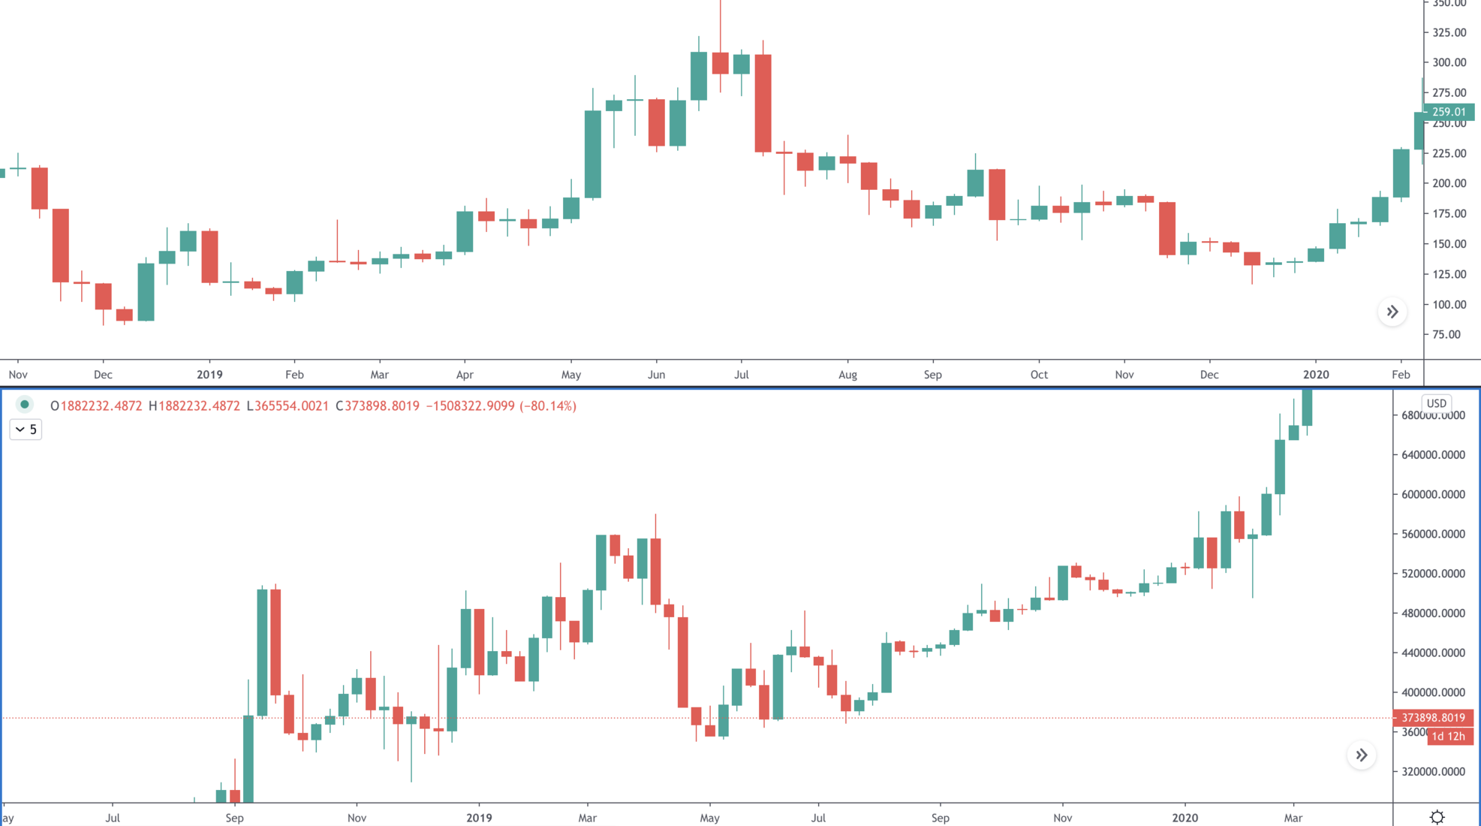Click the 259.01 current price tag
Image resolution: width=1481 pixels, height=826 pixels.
(x=1448, y=112)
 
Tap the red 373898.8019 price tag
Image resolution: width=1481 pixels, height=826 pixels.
(x=1433, y=718)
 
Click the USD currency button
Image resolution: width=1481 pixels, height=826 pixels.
(x=1436, y=403)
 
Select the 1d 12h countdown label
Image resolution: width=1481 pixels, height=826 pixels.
(x=1448, y=737)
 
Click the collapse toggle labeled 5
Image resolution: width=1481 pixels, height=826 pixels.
(x=26, y=430)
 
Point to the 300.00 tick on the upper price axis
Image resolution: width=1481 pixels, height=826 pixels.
(x=1449, y=62)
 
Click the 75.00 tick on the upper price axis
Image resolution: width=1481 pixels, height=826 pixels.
(x=1446, y=334)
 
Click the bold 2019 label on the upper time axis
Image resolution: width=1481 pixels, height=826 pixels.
(x=209, y=375)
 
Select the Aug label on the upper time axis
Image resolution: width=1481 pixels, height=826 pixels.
(x=847, y=375)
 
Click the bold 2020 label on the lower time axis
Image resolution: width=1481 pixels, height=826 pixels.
(x=1185, y=818)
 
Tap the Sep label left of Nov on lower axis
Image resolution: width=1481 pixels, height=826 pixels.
(x=234, y=818)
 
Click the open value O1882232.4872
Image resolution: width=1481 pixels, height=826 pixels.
(x=96, y=406)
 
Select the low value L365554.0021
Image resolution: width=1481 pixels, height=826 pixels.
(x=287, y=406)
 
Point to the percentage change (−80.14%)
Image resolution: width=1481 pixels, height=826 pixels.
(x=548, y=406)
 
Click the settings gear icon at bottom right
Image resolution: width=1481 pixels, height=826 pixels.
(x=1437, y=817)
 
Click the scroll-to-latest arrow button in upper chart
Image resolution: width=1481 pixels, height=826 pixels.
(x=1392, y=312)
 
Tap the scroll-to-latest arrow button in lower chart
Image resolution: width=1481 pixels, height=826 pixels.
(x=1362, y=755)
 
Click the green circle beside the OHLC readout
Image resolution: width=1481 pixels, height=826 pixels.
(x=25, y=405)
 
